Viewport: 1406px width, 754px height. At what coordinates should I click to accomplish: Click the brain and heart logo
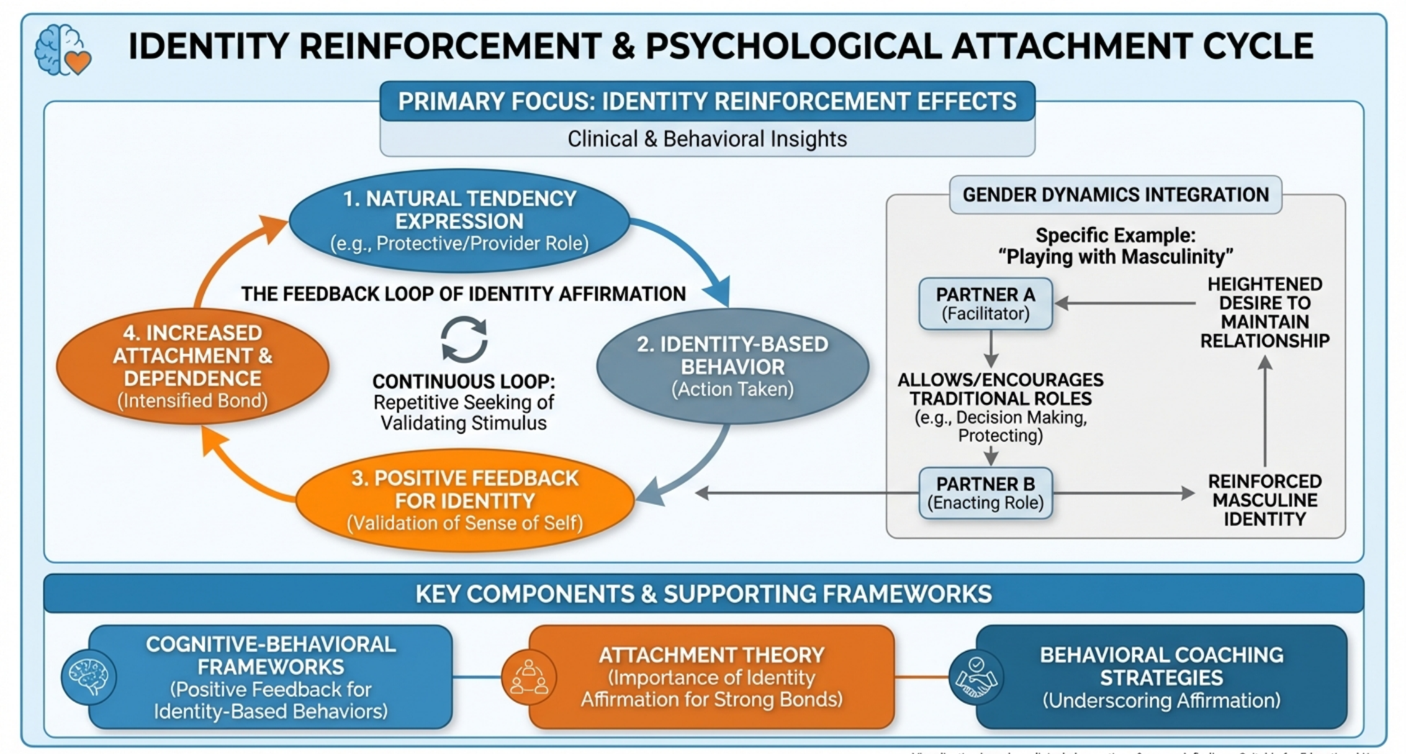coord(63,50)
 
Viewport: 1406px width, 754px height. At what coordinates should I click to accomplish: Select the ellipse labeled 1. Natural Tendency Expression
coord(459,220)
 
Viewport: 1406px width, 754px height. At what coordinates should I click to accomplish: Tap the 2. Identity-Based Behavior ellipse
coord(732,366)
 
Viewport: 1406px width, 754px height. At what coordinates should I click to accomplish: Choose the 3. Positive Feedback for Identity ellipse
coord(464,500)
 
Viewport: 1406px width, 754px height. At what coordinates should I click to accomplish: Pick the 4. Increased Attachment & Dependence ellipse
coord(192,366)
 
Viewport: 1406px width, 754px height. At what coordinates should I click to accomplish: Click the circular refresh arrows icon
coord(464,339)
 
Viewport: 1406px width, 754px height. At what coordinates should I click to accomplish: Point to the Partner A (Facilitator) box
coord(985,303)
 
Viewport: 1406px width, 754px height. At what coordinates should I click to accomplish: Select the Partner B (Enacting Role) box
coord(985,493)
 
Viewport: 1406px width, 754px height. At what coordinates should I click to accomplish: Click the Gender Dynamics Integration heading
coord(1115,194)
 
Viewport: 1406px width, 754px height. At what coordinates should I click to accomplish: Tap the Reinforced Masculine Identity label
coord(1264,500)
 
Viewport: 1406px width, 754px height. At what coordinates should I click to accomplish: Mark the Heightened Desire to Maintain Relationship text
coord(1264,312)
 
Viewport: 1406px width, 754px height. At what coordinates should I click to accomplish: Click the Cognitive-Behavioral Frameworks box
coord(271,677)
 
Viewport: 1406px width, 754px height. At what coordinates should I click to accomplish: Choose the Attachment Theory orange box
coord(711,677)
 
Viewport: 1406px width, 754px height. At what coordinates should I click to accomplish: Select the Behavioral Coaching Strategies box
coord(1161,677)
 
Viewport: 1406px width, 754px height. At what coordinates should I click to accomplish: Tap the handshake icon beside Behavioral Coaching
coord(976,677)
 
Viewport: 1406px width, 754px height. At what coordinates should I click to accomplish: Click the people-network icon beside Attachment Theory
coord(528,677)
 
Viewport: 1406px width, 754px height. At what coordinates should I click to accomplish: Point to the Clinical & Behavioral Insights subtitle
coord(707,139)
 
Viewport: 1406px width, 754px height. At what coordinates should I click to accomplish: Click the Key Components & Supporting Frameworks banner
coord(703,594)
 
